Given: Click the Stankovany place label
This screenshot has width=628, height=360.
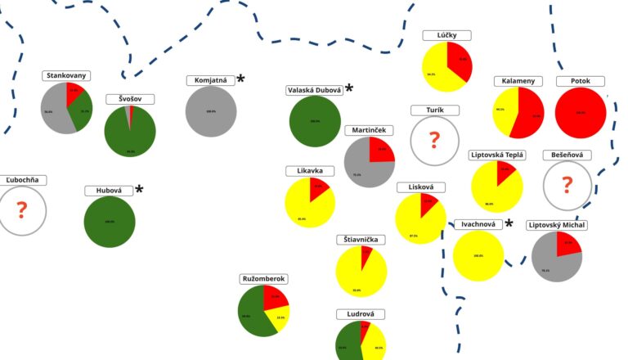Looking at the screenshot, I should (66, 76).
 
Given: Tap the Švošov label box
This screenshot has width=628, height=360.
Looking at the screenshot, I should (129, 99).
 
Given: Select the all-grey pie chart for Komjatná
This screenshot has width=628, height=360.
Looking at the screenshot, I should (211, 111).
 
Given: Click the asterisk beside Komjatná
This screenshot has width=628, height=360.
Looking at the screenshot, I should (241, 79).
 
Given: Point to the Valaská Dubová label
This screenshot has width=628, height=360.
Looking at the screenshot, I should (314, 90).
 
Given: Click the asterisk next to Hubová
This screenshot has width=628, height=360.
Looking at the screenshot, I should (139, 190).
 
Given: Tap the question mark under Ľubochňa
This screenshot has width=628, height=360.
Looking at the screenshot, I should (22, 211).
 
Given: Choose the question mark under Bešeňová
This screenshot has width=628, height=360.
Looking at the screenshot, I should (567, 185).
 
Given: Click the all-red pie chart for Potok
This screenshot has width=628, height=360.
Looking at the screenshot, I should (580, 113).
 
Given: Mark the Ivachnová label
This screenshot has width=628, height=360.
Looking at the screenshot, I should (478, 224).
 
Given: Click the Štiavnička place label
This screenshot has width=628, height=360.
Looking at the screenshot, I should (361, 240).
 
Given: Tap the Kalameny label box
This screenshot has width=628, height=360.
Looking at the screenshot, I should (518, 81).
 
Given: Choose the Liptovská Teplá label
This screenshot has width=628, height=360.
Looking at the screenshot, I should (497, 155).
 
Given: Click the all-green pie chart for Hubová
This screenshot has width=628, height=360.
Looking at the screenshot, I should (110, 222).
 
